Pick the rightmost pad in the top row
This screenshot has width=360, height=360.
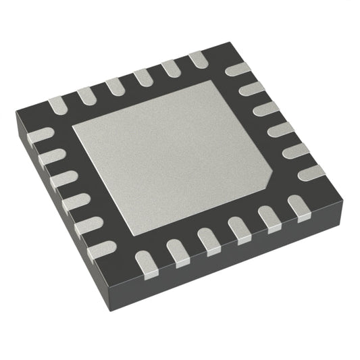(199, 59)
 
